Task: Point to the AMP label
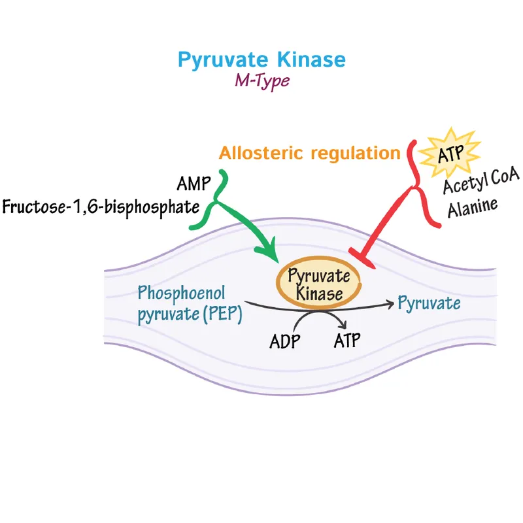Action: tap(194, 182)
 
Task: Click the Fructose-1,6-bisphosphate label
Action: tap(100, 207)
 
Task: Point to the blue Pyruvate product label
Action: tap(429, 303)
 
